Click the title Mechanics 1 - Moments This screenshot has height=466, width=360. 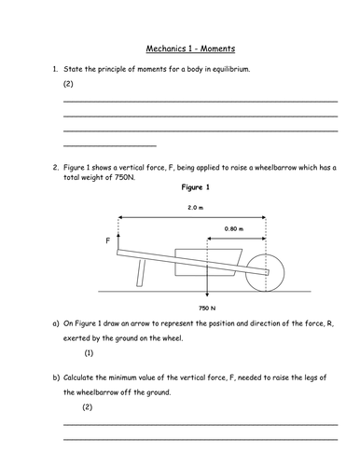click(190, 48)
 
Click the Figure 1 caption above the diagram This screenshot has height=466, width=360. click(196, 187)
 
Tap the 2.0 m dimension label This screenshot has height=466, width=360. click(196, 208)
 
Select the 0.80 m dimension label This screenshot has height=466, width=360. click(234, 229)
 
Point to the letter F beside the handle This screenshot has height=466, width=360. click(108, 240)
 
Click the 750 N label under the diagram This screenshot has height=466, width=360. click(207, 308)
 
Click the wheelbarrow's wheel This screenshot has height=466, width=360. click(265, 273)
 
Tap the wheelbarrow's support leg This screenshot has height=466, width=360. click(141, 273)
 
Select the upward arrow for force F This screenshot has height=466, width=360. click(118, 241)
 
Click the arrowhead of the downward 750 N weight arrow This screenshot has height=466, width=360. click(207, 294)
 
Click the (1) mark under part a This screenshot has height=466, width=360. click(89, 353)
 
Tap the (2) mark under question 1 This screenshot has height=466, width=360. click(68, 84)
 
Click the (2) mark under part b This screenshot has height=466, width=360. click(88, 407)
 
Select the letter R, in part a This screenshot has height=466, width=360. click(330, 323)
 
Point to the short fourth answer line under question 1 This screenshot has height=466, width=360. click(110, 145)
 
